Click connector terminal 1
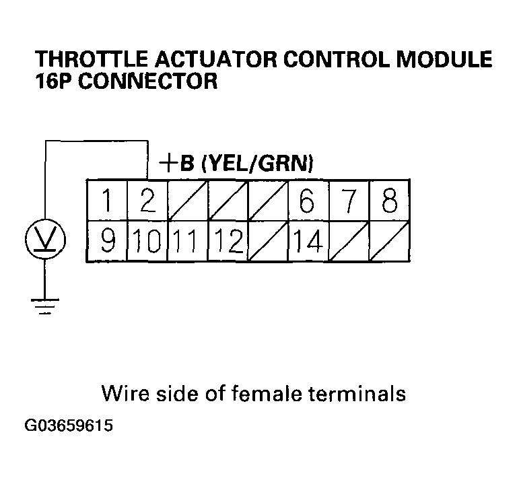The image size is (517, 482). pyautogui.click(x=106, y=201)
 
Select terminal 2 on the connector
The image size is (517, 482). pyautogui.click(x=147, y=201)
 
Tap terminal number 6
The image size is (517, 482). pyautogui.click(x=308, y=201)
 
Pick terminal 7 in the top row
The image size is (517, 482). pyautogui.click(x=348, y=201)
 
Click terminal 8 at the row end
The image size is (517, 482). pyautogui.click(x=388, y=201)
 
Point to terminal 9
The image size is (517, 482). pyautogui.click(x=106, y=241)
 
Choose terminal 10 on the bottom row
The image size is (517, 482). pyautogui.click(x=147, y=241)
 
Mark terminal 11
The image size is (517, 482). pyautogui.click(x=186, y=241)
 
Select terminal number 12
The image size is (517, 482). pyautogui.click(x=227, y=241)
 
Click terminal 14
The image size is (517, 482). pyautogui.click(x=308, y=241)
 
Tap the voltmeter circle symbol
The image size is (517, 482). pyautogui.click(x=44, y=238)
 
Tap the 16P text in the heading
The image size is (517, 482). pyautogui.click(x=55, y=82)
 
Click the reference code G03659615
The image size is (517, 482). pyautogui.click(x=69, y=427)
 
